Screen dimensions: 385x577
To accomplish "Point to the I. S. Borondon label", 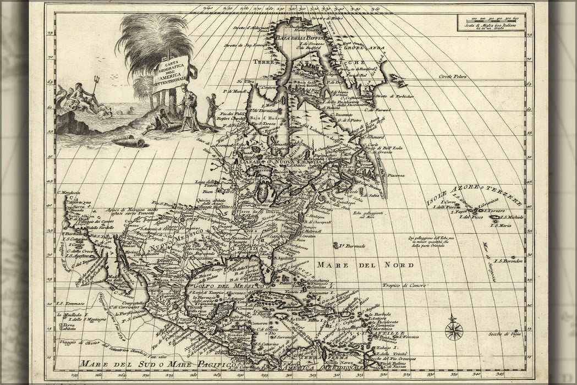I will (507, 261).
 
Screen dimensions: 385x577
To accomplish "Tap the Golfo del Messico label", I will (227, 285).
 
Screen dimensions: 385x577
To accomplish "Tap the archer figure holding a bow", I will (211, 108).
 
